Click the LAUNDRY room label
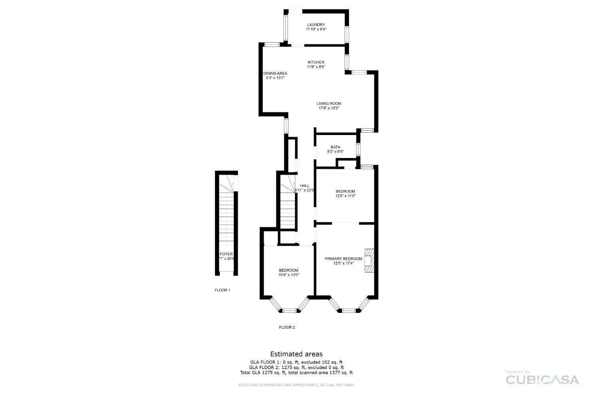[316, 25]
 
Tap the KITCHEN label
[316, 62]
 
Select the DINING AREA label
[275, 73]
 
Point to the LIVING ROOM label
[329, 103]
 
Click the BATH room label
[335, 147]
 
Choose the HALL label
[304, 185]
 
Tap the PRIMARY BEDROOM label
[343, 259]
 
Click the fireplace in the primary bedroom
[368, 261]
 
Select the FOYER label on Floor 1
[226, 254]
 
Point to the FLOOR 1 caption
[222, 290]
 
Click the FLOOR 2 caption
[287, 327]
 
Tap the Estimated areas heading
[296, 354]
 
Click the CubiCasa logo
[542, 379]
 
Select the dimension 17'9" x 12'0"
[329, 108]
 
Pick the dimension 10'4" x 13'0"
[289, 275]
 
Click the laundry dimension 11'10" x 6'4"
[316, 29]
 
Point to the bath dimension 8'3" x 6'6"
[335, 152]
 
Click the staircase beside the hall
[288, 206]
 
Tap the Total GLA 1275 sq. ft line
[296, 373]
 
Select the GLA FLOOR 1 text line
[296, 362]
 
